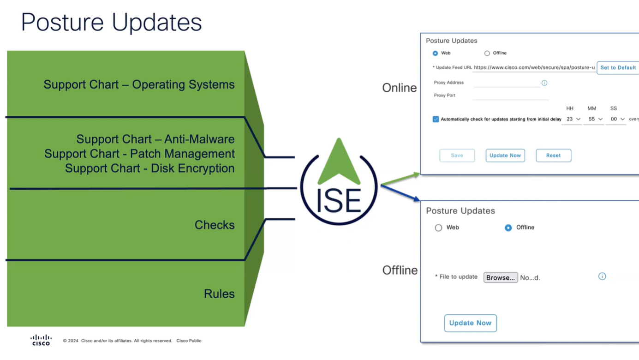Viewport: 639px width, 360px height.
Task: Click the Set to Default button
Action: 618,68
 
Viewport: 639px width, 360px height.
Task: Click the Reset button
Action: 553,156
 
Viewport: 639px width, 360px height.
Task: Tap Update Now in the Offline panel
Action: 470,323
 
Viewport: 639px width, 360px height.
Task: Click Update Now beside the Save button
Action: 505,156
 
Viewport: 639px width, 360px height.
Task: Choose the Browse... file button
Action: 500,277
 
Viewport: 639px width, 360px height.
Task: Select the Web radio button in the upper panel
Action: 435,54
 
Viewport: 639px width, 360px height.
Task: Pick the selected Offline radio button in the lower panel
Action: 508,228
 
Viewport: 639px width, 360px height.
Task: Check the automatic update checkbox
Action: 436,119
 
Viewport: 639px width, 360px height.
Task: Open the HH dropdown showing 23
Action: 573,119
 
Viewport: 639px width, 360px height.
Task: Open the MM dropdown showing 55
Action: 595,119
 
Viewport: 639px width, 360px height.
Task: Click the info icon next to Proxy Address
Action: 544,83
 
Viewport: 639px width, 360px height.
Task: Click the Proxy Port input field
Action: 510,96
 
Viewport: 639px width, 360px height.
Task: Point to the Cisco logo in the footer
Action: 41,340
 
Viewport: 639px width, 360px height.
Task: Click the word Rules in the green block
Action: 219,294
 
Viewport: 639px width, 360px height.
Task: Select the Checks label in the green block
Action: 215,225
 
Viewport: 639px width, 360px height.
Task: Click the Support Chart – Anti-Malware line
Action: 155,139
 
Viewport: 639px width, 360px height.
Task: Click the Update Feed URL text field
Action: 534,68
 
